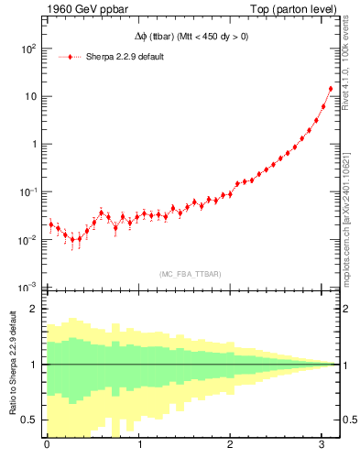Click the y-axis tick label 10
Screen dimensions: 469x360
click(x=29, y=97)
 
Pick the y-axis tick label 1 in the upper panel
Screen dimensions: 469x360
click(x=35, y=145)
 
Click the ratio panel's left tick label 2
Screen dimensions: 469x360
click(x=35, y=309)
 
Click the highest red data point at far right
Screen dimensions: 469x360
click(x=331, y=89)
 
